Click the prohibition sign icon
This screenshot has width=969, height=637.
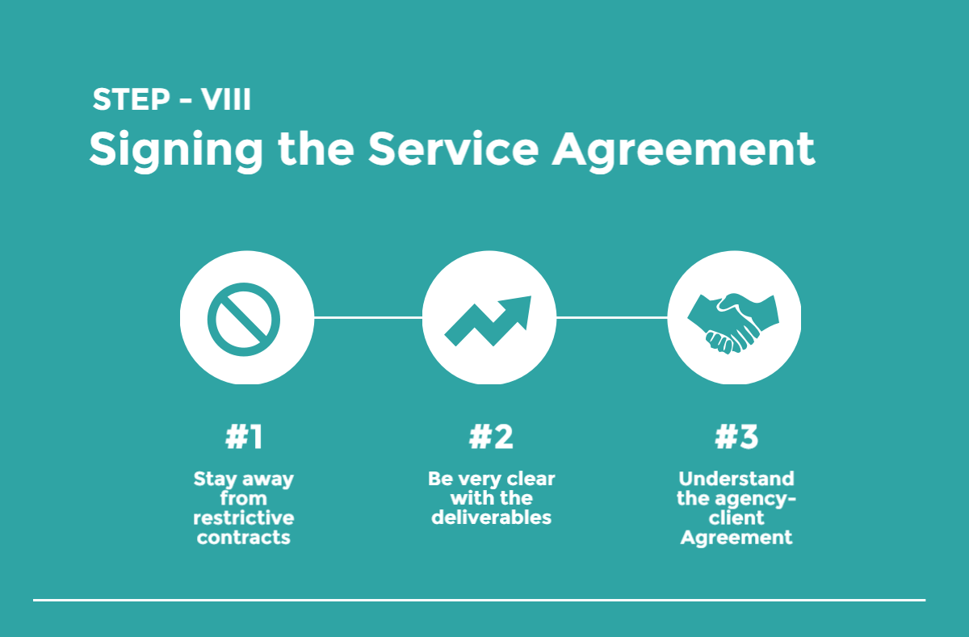click(243, 318)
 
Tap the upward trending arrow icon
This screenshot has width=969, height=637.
click(488, 318)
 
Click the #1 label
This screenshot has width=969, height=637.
click(244, 437)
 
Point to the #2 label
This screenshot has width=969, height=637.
click(491, 437)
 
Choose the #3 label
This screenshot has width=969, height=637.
click(736, 437)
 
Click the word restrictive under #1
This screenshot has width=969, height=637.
click(244, 518)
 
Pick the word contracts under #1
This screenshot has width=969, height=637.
click(244, 537)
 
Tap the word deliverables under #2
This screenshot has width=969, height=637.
click(491, 518)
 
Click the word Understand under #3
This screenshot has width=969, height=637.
click(736, 478)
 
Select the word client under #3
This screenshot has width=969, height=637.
click(736, 518)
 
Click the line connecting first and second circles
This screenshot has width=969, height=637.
click(367, 318)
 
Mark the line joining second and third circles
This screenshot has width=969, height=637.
click(612, 318)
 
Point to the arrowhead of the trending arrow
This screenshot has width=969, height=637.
click(517, 309)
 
